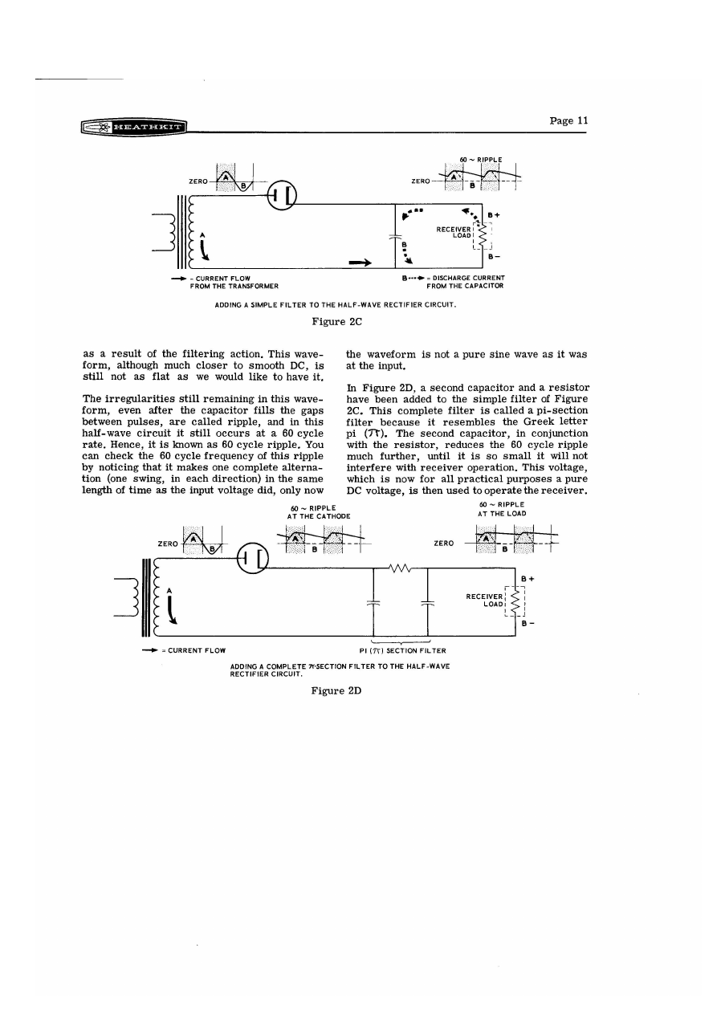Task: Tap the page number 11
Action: (x=568, y=120)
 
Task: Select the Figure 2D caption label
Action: (x=336, y=691)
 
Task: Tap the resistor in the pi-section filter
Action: (x=400, y=568)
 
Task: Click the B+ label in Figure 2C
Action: (x=495, y=215)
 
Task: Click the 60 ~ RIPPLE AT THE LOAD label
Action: (x=501, y=508)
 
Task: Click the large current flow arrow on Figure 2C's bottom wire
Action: (x=360, y=262)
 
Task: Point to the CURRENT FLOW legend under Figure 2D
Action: (x=186, y=650)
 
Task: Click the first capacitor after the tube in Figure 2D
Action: (x=374, y=603)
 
